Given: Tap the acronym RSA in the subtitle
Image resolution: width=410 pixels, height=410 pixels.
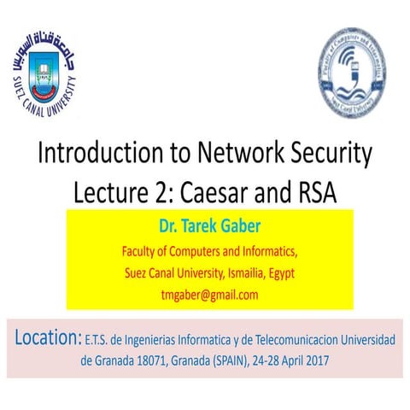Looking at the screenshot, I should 316,193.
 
